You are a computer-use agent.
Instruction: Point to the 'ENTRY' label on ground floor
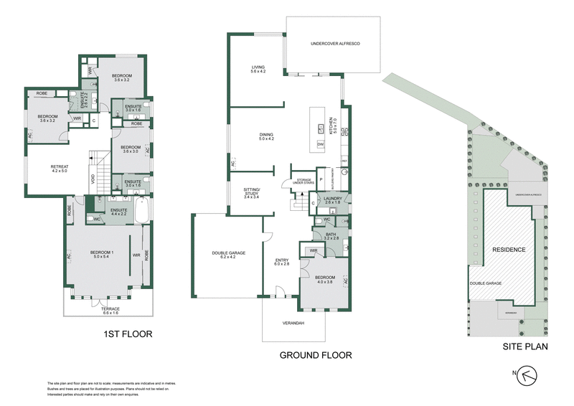[x=282, y=262]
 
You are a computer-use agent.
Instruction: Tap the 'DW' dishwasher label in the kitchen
[x=319, y=144]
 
